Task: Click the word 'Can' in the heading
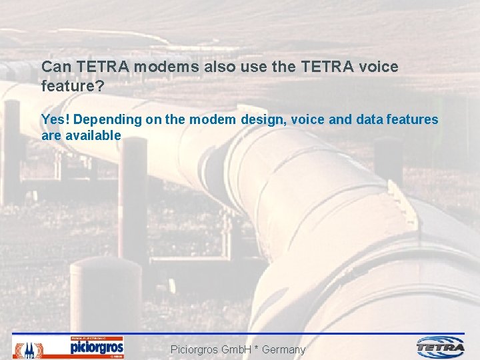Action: coord(56,67)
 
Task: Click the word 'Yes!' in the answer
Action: coord(56,120)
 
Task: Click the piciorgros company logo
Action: coord(97,347)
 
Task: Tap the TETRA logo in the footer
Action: coord(441,347)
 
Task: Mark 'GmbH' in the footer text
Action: coord(235,349)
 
